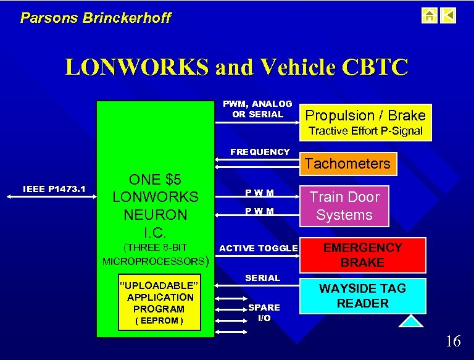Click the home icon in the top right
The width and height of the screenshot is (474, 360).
tap(430, 15)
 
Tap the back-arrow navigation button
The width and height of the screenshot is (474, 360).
tap(449, 15)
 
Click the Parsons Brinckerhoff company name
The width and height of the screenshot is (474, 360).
tap(96, 18)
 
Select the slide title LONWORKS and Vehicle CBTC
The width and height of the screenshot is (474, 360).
tap(236, 67)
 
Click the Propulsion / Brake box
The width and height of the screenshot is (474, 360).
tap(365, 115)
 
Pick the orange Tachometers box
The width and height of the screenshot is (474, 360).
tap(348, 164)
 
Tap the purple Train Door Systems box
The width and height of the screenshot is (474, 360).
tap(344, 206)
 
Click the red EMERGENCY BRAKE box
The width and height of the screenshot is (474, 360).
tap(363, 255)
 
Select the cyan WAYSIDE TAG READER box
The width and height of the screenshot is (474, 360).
tap(362, 295)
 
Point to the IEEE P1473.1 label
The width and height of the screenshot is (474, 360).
tap(54, 188)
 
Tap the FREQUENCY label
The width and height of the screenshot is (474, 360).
tap(259, 152)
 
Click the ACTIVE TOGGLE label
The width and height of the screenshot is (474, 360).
tap(259, 248)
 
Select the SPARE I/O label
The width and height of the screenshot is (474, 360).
tap(264, 312)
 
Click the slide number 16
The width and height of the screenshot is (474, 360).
tap(452, 341)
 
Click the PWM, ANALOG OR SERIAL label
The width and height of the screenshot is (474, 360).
tap(257, 109)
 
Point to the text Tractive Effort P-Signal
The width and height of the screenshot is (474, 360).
tap(365, 131)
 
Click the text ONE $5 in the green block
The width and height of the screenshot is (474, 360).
tap(155, 179)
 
